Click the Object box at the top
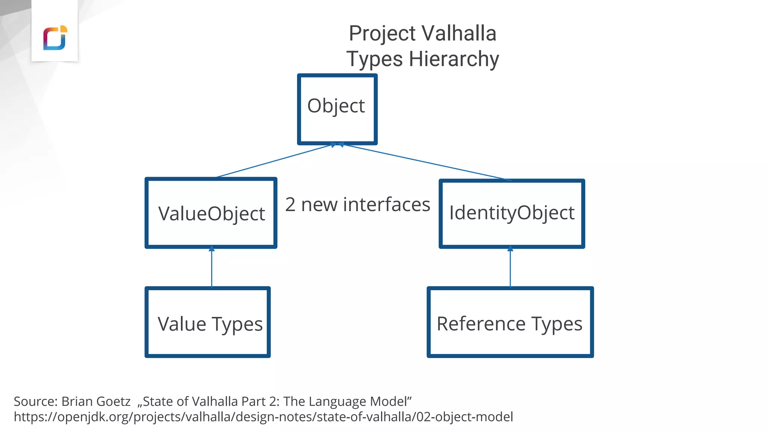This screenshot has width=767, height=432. pyautogui.click(x=337, y=109)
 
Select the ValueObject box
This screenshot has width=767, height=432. pyautogui.click(x=211, y=213)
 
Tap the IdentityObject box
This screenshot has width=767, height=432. pyautogui.click(x=512, y=213)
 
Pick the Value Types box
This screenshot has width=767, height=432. pyautogui.click(x=208, y=322)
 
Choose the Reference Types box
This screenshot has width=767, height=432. pyautogui.click(x=510, y=322)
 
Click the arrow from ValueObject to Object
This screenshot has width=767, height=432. pyautogui.click(x=273, y=161)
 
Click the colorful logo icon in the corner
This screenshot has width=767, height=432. pyautogui.click(x=55, y=38)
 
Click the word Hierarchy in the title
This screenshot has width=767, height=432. pyautogui.click(x=454, y=59)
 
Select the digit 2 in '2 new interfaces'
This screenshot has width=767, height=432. pyautogui.click(x=290, y=205)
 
